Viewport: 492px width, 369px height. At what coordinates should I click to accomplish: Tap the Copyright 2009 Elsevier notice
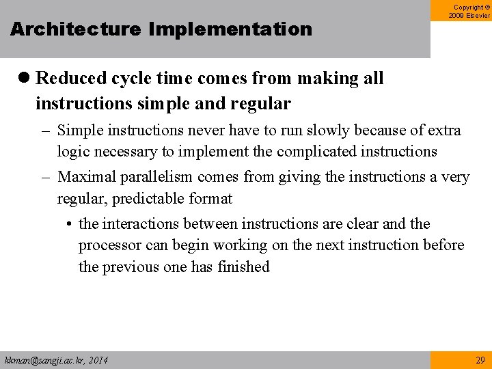tap(469, 11)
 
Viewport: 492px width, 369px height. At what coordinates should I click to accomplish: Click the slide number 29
tap(479, 359)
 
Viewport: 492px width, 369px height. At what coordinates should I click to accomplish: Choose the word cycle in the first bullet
tap(125, 79)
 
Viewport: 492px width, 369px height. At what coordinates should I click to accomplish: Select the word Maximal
tap(87, 177)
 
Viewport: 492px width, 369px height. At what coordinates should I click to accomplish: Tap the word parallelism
tap(157, 177)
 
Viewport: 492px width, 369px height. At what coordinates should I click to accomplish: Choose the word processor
tap(109, 245)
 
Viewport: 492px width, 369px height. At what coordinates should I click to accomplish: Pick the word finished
tap(243, 266)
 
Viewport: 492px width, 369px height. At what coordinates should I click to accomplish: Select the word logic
tap(72, 151)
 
